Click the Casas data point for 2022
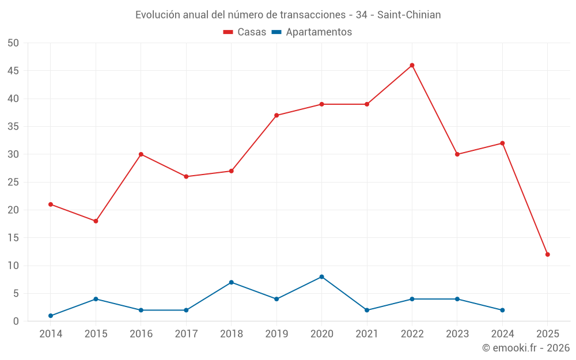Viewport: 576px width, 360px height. tap(412, 65)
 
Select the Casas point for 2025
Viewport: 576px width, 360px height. tap(547, 254)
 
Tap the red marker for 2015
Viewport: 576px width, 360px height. tap(96, 221)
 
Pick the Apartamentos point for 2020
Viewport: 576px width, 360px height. tap(321, 276)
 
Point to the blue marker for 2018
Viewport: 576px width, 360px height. tap(231, 282)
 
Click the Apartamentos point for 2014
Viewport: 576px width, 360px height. tap(51, 316)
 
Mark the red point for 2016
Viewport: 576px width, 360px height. tap(141, 154)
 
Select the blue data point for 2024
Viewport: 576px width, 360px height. tap(502, 310)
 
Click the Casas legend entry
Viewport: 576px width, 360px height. tap(245, 32)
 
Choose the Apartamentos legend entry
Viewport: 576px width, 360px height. tap(312, 32)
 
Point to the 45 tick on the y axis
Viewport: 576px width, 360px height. tap(13, 71)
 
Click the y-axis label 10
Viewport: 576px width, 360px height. tap(13, 266)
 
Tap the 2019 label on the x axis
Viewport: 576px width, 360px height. tap(276, 334)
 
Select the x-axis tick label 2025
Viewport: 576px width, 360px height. tap(547, 334)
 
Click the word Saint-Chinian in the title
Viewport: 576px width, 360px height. tap(409, 15)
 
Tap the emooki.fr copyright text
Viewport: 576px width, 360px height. tap(525, 348)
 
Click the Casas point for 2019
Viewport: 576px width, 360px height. tap(276, 115)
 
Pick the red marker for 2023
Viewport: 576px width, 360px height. tap(457, 154)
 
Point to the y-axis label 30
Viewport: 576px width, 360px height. tap(13, 154)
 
